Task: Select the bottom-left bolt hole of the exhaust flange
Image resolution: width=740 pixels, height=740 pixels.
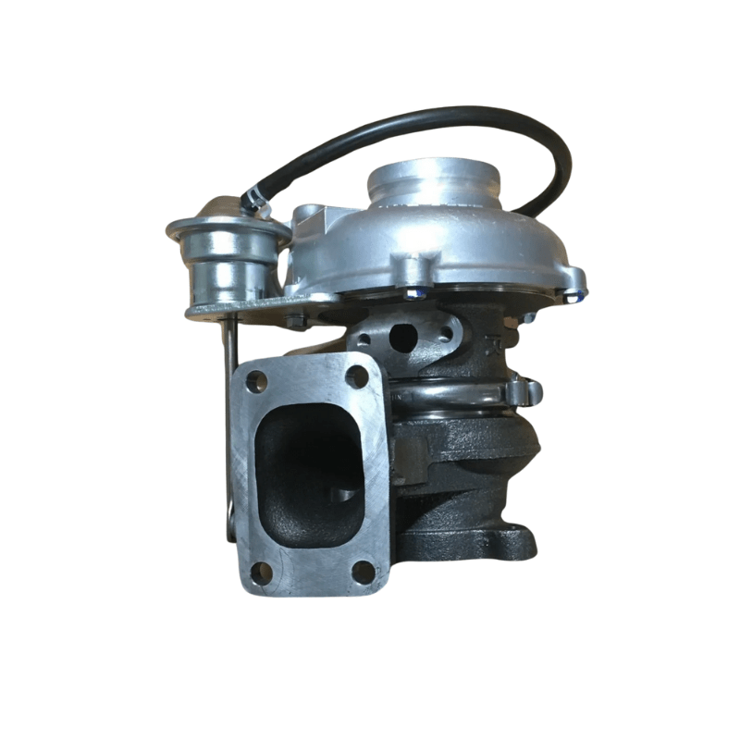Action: pyautogui.click(x=262, y=572)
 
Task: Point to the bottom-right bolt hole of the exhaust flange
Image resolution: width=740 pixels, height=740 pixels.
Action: pyautogui.click(x=364, y=572)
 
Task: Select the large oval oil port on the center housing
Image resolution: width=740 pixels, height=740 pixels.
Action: pyautogui.click(x=403, y=338)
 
